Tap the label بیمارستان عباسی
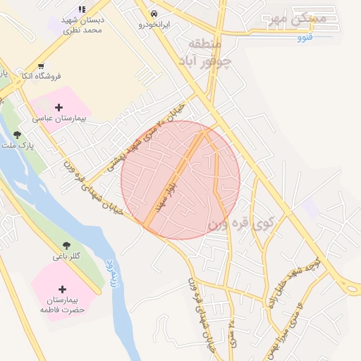pyautogui.click(x=63, y=119)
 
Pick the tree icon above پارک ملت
pyautogui.click(x=16, y=134)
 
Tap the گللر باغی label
pyautogui.click(x=67, y=256)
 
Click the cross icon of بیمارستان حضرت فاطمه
pyautogui.click(x=62, y=289)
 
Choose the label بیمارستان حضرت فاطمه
pyautogui.click(x=62, y=305)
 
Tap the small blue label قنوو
pyautogui.click(x=305, y=37)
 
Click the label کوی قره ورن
pyautogui.click(x=240, y=224)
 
